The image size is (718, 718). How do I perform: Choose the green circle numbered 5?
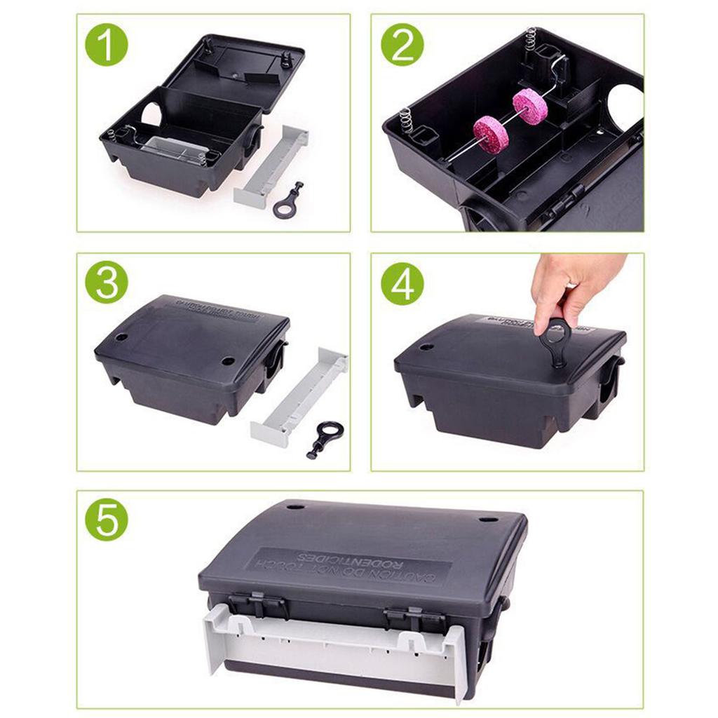107,520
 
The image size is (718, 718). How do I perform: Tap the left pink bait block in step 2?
491,134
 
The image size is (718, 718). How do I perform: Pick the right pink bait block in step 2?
529,106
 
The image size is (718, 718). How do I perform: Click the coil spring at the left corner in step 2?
407,119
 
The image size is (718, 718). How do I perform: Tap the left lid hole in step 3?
121,337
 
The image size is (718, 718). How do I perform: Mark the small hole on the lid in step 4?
426,346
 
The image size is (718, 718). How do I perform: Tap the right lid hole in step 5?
488,520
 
